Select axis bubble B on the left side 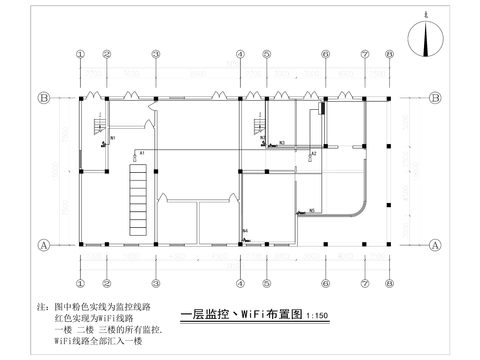click(44, 98)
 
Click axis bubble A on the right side click(438, 244)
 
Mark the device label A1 click(142, 151)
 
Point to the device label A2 click(314, 153)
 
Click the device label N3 click(282, 143)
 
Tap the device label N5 click(312, 210)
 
